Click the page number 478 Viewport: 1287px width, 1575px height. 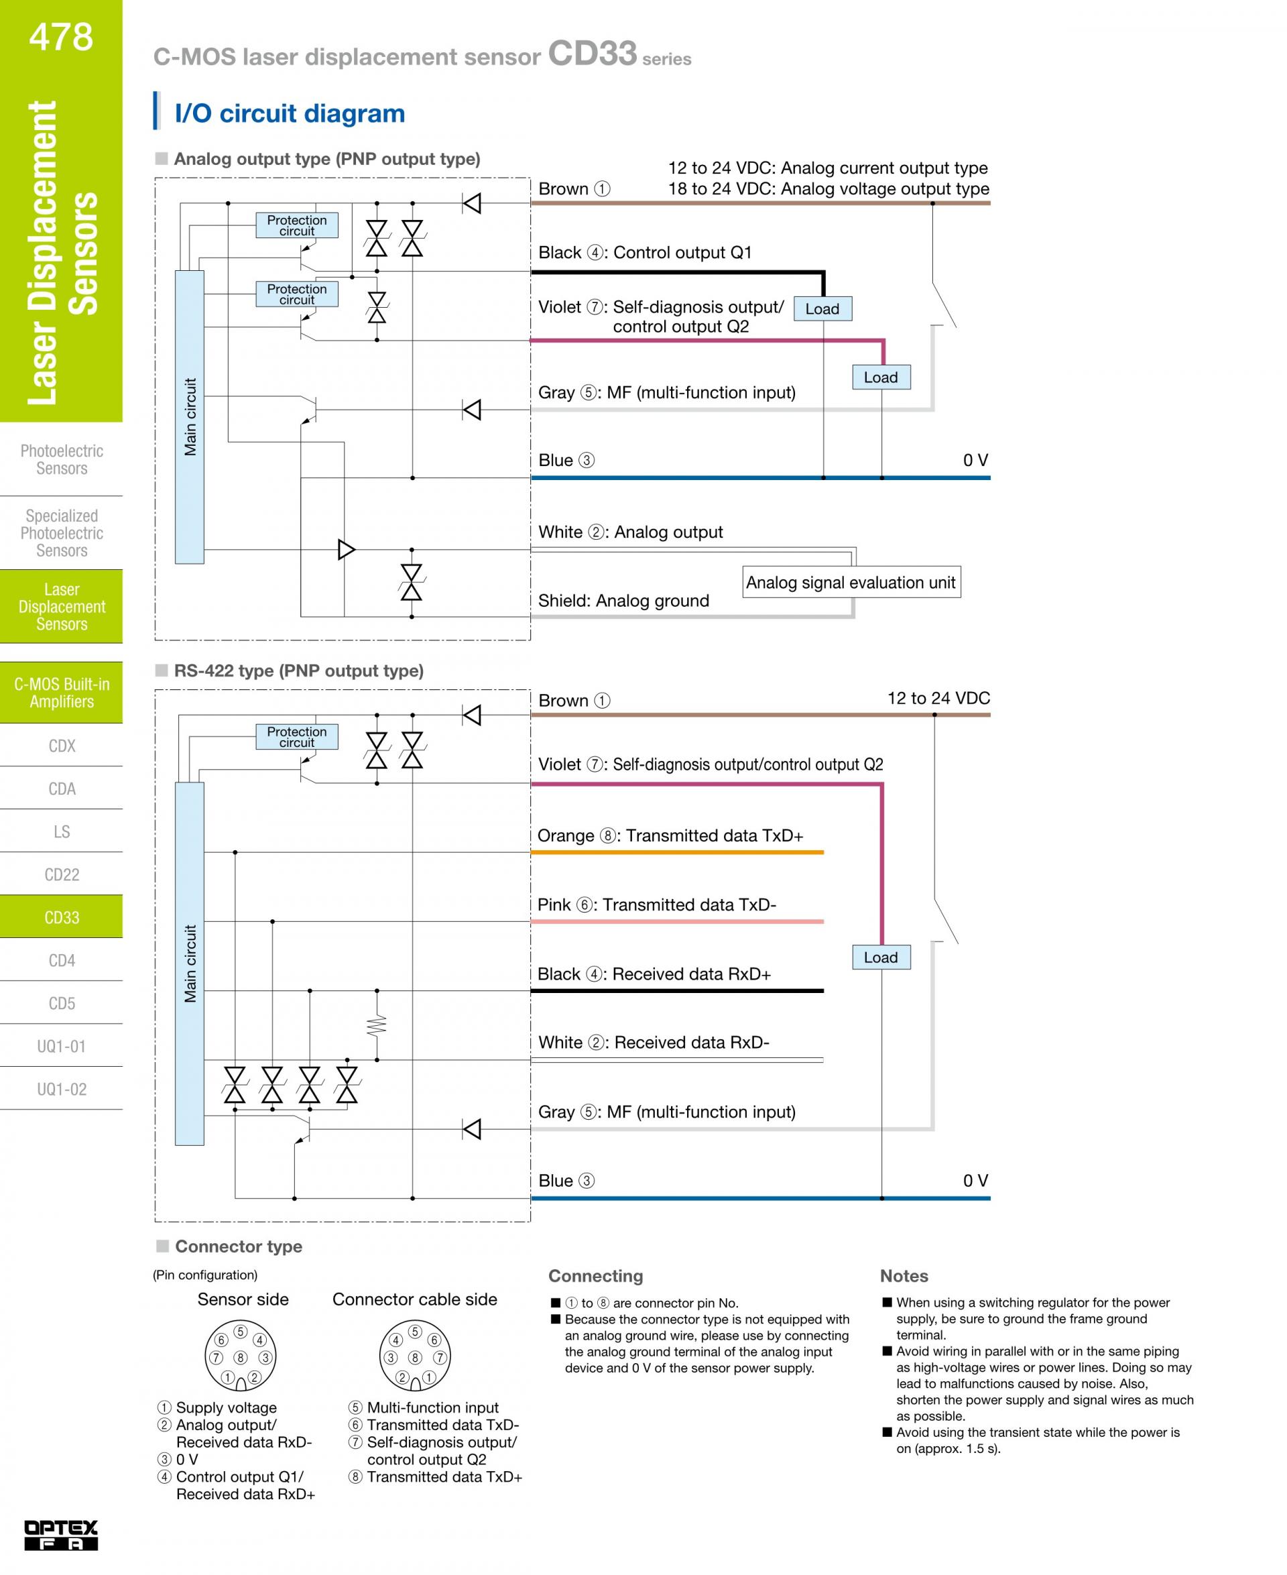[62, 36]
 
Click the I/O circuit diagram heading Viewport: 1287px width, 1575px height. [290, 113]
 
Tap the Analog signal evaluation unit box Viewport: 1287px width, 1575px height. [851, 582]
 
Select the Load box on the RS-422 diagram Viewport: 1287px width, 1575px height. [881, 957]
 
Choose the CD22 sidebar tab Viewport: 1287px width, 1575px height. [62, 874]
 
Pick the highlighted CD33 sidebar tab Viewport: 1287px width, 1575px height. [62, 917]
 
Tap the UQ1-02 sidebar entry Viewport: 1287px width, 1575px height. [62, 1090]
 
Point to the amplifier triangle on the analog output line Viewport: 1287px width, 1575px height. [346, 549]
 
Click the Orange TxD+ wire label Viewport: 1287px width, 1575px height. [670, 835]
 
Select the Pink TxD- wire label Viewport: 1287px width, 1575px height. [657, 905]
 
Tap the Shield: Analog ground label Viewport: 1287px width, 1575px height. [623, 601]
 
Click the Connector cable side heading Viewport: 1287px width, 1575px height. [414, 1299]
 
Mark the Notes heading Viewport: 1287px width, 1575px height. [904, 1276]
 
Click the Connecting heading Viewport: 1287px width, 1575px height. [595, 1276]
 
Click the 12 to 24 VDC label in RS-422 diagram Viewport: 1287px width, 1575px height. [938, 698]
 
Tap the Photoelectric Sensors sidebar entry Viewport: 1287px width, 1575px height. [62, 460]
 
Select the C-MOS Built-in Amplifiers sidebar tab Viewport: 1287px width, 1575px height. [62, 693]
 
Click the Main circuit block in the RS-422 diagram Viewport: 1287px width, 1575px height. [190, 964]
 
